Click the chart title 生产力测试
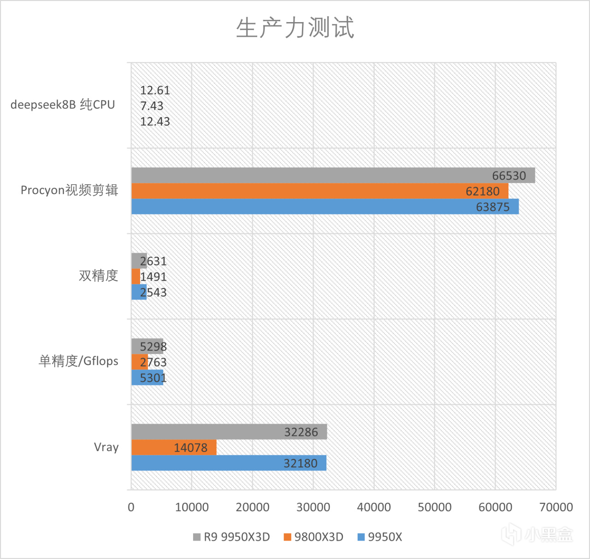pyautogui.click(x=295, y=28)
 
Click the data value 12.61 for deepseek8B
pyautogui.click(x=155, y=90)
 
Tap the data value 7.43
pyautogui.click(x=152, y=106)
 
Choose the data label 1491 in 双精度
pyautogui.click(x=153, y=277)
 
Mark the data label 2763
pyautogui.click(x=153, y=362)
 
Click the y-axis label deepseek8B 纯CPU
pyautogui.click(x=63, y=105)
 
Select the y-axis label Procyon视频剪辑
pyautogui.click(x=69, y=190)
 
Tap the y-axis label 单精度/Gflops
pyautogui.click(x=78, y=361)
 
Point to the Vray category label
pyautogui.click(x=106, y=447)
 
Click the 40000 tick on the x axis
pyautogui.click(x=374, y=507)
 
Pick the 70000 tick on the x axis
pyautogui.click(x=556, y=507)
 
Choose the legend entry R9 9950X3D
pyautogui.click(x=231, y=537)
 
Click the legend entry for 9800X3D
pyautogui.click(x=314, y=537)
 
